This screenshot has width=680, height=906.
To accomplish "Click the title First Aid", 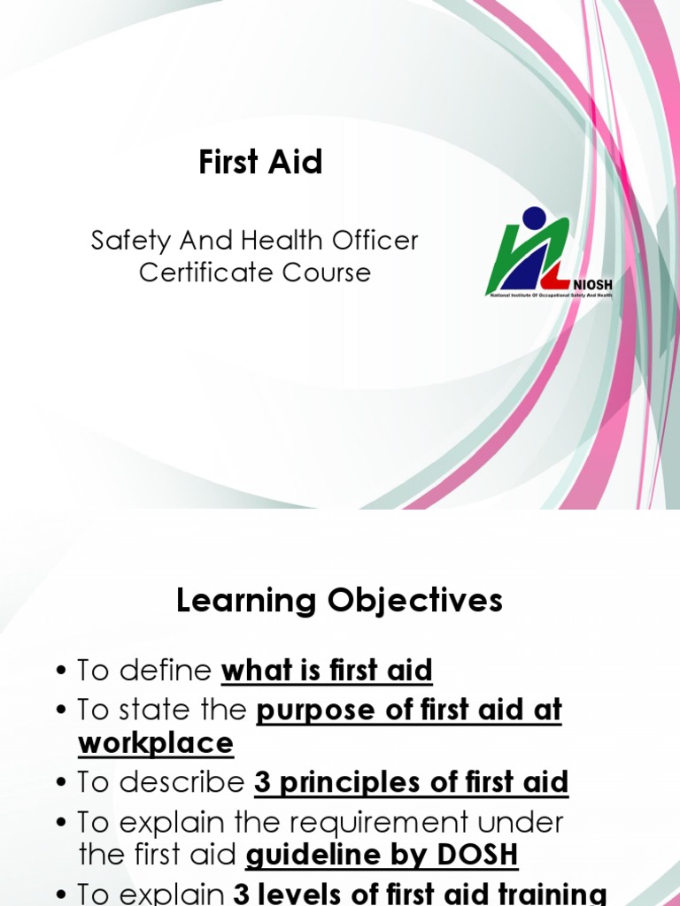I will point(260,163).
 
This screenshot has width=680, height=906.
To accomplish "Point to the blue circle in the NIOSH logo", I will point(534,218).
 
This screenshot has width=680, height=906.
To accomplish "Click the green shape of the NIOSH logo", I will point(503,257).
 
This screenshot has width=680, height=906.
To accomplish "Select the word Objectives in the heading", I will point(417,602).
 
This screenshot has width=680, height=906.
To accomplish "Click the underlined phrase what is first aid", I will point(327,672).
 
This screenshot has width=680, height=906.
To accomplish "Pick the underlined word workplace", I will point(156,743).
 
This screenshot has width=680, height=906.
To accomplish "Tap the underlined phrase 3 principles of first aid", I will point(411,783).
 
